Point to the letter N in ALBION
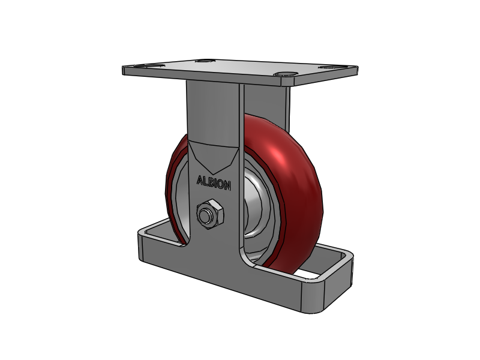(x=227, y=186)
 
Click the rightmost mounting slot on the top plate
(x=329, y=69)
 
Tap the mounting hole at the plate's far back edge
(x=206, y=61)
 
